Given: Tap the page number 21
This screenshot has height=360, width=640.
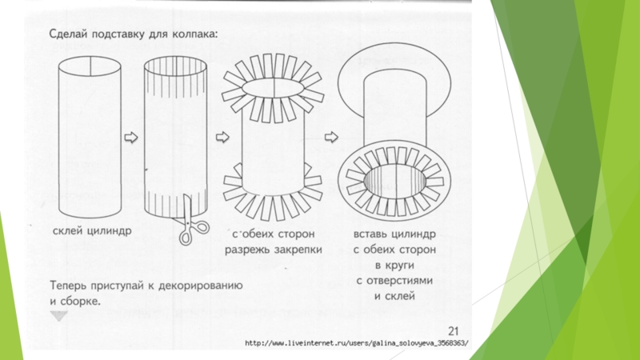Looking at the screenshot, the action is pyautogui.click(x=454, y=331).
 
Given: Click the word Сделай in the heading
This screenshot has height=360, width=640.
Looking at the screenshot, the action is pyautogui.click(x=68, y=34).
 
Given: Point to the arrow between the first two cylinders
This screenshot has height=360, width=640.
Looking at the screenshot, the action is pyautogui.click(x=131, y=137).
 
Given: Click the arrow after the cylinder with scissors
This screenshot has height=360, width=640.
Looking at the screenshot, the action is pyautogui.click(x=222, y=137).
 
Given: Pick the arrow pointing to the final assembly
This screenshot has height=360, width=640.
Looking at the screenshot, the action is pyautogui.click(x=331, y=137).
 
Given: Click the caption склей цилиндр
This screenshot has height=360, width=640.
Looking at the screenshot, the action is pyautogui.click(x=92, y=231).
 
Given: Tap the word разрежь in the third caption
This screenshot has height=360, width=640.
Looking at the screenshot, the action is pyautogui.click(x=248, y=250).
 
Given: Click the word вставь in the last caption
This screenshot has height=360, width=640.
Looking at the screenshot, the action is pyautogui.click(x=370, y=234).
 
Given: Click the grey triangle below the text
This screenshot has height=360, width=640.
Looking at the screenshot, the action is pyautogui.click(x=58, y=315).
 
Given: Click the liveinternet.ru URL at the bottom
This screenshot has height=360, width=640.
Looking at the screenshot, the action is pyautogui.click(x=357, y=343).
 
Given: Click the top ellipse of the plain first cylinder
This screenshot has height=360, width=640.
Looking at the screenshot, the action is pyautogui.click(x=90, y=66).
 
